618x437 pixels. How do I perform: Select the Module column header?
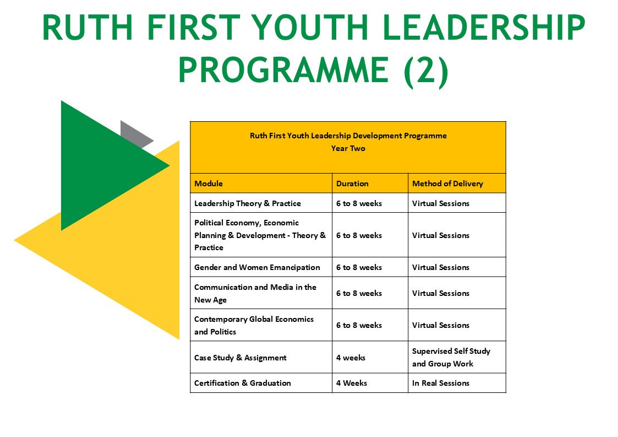(x=209, y=184)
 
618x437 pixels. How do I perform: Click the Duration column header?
(x=352, y=184)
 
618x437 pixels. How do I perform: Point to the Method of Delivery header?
(x=447, y=184)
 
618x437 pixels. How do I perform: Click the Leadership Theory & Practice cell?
(x=248, y=203)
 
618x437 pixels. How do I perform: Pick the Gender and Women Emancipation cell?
(x=257, y=267)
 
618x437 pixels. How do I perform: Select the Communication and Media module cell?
(x=255, y=293)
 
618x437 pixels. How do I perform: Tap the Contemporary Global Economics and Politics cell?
(x=254, y=325)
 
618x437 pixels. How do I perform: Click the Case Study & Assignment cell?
(x=240, y=358)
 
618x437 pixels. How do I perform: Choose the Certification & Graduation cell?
(x=242, y=383)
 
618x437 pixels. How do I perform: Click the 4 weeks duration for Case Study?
(x=351, y=358)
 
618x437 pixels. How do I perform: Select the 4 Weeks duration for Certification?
(x=352, y=383)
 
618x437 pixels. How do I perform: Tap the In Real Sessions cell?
(x=441, y=383)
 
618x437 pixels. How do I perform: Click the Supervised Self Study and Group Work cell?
(x=451, y=357)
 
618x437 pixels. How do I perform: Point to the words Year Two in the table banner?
(x=348, y=148)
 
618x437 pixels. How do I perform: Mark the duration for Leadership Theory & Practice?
(x=359, y=203)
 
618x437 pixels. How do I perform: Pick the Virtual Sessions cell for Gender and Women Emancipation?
(x=441, y=267)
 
